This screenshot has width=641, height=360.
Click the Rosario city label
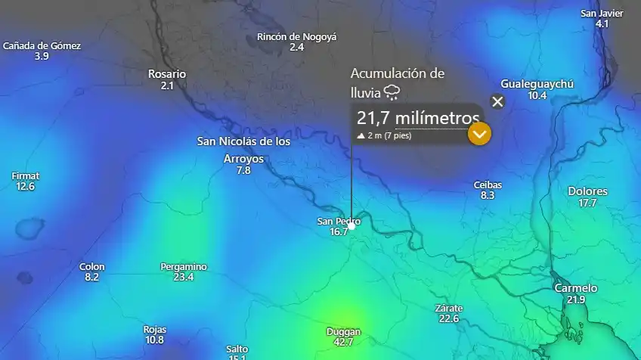pos(167,74)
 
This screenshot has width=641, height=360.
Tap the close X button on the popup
pos(497,101)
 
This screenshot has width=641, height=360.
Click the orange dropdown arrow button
pos(480,134)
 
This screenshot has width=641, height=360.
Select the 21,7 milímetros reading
pos(418,118)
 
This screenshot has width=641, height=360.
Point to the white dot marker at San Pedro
pos(351,225)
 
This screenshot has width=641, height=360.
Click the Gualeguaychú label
pos(537,84)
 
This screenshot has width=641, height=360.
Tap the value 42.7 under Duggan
pos(343,342)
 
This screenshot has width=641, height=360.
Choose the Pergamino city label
pos(184,267)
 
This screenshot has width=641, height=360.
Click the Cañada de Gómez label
pos(42,45)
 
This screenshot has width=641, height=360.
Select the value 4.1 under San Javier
pos(602,24)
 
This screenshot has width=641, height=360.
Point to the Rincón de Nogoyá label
pos(296,36)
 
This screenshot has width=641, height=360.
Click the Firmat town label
pos(26,175)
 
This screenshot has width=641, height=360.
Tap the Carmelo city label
pos(576,288)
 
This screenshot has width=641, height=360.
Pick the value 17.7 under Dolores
pos(587,203)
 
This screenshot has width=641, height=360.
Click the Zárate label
pos(448,308)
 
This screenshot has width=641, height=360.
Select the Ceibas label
pos(488,185)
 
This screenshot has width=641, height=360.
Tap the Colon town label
pos(92,266)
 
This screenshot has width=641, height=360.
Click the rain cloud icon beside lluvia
pos(392,92)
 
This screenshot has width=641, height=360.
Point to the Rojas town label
pos(155,329)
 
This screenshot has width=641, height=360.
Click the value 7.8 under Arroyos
pos(243,170)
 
